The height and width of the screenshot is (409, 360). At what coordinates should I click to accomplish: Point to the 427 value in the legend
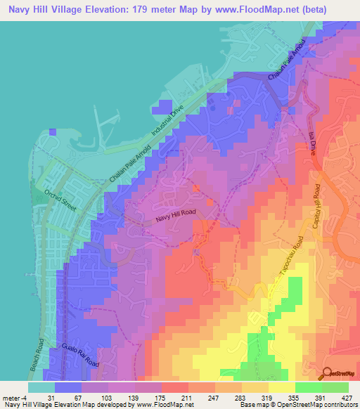348,398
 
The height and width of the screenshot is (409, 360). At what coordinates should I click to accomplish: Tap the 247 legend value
198,398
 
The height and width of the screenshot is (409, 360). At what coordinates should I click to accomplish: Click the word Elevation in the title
112,10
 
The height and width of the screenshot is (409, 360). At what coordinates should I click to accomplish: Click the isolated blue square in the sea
53,131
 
